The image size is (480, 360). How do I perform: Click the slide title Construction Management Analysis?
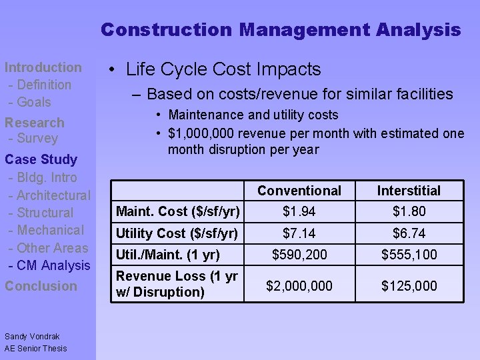(x=281, y=30)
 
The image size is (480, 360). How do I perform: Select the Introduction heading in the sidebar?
(x=43, y=67)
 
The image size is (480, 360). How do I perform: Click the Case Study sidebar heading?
(x=41, y=159)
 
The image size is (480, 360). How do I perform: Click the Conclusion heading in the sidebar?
(x=41, y=286)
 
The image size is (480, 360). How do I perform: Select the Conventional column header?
(x=299, y=191)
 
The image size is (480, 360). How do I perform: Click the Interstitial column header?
(x=409, y=191)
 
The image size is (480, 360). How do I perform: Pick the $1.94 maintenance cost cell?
(x=299, y=212)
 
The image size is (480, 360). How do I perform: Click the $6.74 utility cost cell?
(x=409, y=233)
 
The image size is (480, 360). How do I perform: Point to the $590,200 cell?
(x=299, y=255)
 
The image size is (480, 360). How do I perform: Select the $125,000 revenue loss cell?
(x=409, y=286)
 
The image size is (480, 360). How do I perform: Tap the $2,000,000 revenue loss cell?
(x=299, y=286)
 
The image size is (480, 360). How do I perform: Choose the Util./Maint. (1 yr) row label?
(x=169, y=255)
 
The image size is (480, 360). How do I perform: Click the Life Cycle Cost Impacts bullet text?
(x=223, y=69)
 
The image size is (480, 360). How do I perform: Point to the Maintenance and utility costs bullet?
(x=253, y=115)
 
